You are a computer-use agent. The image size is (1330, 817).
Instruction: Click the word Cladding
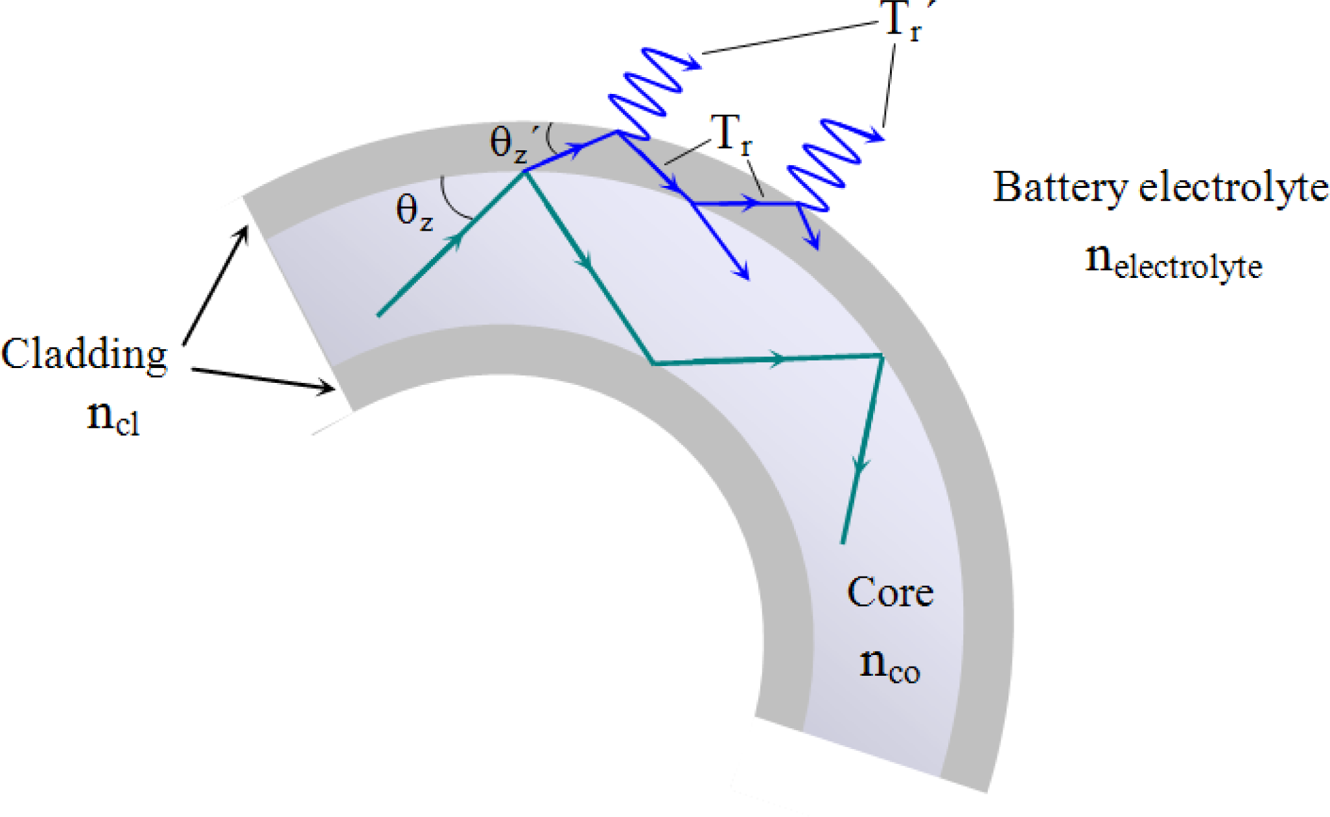pyautogui.click(x=84, y=356)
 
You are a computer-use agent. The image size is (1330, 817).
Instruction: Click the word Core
pyautogui.click(x=890, y=592)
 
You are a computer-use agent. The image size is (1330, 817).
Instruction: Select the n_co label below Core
pyautogui.click(x=889, y=665)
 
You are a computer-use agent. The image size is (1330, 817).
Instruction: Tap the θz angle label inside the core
pyautogui.click(x=414, y=212)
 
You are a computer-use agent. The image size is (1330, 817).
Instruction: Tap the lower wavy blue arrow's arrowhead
pyautogui.click(x=875, y=135)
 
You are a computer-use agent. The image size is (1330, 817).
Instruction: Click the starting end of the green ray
pyautogui.click(x=379, y=316)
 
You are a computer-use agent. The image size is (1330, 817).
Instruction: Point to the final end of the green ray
pyautogui.click(x=843, y=543)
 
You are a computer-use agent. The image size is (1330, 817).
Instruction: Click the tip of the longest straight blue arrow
pyautogui.click(x=748, y=279)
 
